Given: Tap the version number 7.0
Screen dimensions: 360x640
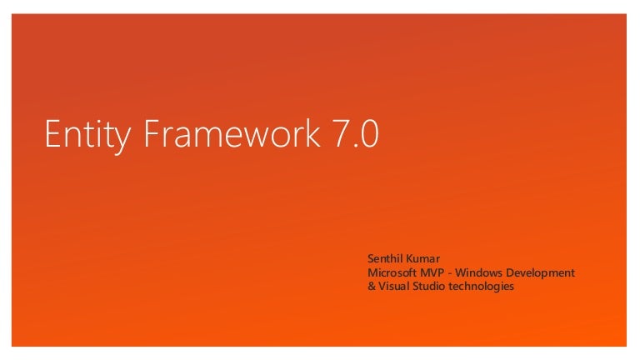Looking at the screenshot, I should click(x=356, y=135).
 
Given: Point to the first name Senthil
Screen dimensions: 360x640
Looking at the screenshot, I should click(x=386, y=259).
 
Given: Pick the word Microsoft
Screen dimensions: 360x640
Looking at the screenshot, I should click(x=392, y=273).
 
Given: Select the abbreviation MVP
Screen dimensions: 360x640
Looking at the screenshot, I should click(x=432, y=273).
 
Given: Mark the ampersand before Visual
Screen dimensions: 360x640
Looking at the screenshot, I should click(x=371, y=287).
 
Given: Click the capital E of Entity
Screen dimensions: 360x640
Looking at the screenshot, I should click(x=52, y=135).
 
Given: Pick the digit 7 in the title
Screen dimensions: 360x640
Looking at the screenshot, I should click(x=340, y=135).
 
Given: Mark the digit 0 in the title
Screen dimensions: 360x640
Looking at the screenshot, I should click(x=370, y=135).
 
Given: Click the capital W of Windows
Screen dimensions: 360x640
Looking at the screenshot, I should click(x=462, y=273).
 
